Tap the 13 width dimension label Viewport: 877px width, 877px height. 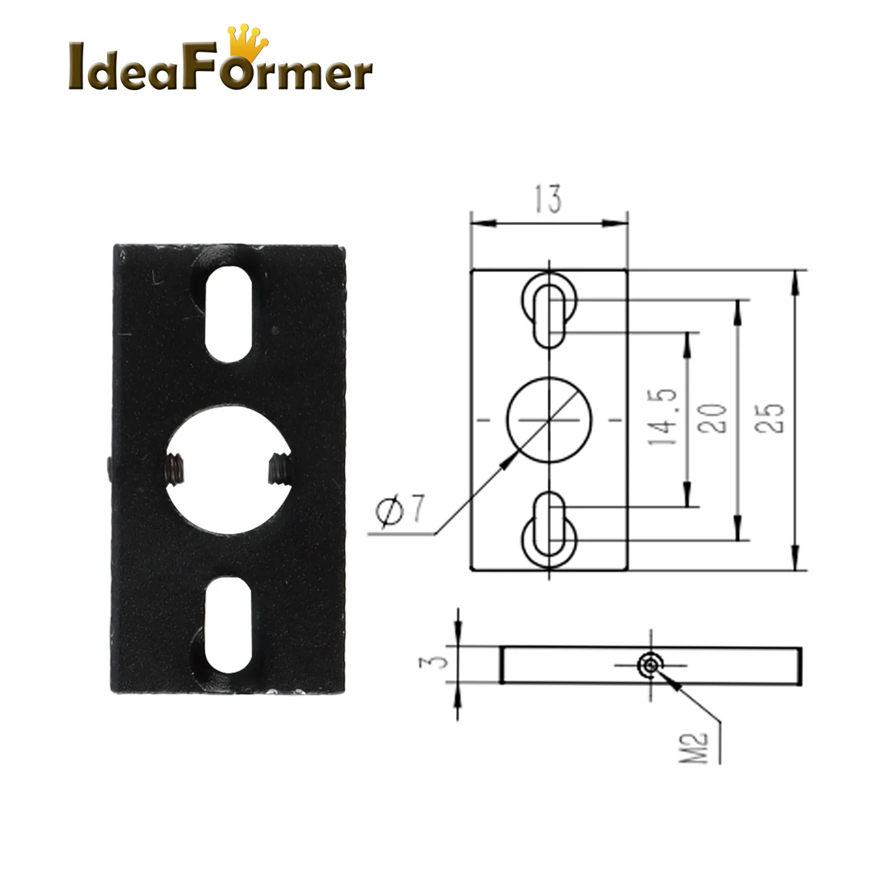548,199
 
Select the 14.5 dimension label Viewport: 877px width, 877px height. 663,417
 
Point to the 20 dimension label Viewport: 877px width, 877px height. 713,418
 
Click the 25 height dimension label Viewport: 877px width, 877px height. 769,418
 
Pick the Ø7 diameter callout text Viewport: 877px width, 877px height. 401,509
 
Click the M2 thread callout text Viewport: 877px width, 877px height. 694,748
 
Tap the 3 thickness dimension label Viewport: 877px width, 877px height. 435,663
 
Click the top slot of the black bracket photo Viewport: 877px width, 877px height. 228,314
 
